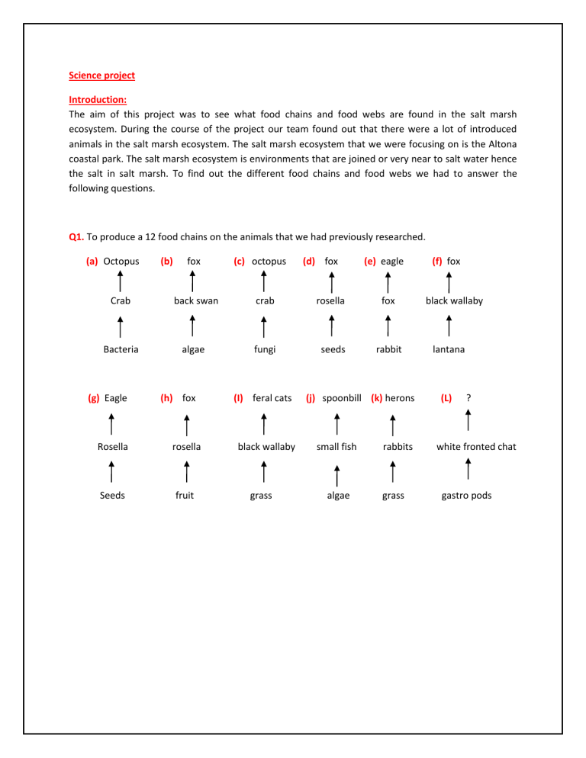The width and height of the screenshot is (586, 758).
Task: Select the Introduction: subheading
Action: point(98,99)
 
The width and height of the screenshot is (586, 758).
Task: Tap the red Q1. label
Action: point(77,236)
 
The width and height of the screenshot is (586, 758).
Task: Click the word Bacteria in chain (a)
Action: point(121,349)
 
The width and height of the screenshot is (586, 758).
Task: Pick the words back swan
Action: point(196,300)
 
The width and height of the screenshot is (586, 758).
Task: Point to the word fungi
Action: point(265,349)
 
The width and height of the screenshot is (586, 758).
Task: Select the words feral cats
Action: point(272,398)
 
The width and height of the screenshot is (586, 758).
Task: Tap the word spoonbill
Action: point(341,398)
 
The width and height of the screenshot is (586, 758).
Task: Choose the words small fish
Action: point(336,447)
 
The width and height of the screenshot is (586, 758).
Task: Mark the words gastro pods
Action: point(466,496)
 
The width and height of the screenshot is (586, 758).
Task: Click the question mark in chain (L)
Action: point(468,398)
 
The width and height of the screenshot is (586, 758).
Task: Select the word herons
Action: point(400,398)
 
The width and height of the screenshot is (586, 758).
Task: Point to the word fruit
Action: point(184,496)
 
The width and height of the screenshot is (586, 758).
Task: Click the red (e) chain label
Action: point(370,261)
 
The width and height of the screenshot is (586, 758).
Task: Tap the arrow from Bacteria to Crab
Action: point(121,326)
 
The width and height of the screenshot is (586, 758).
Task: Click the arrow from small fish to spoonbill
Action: point(337,423)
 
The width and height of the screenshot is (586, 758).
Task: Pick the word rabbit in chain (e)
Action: point(388,349)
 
